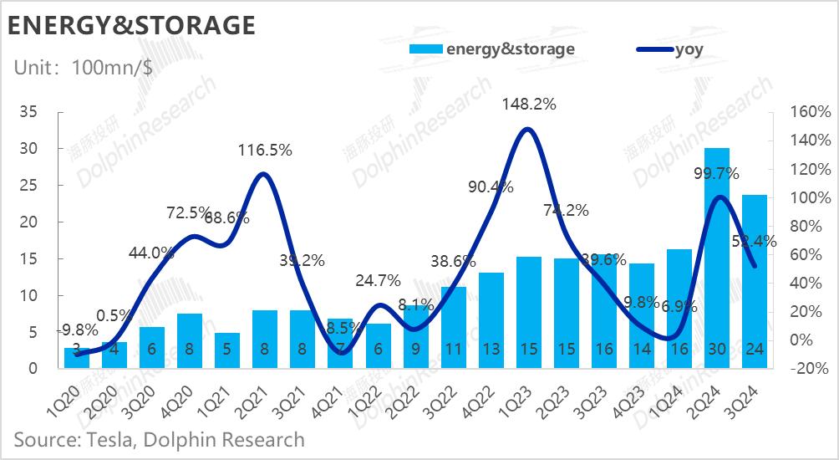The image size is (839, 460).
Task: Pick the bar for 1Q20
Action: click(x=77, y=357)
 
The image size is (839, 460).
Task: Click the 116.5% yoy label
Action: click(x=264, y=151)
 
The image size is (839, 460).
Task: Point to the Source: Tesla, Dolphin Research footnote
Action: click(x=159, y=439)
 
